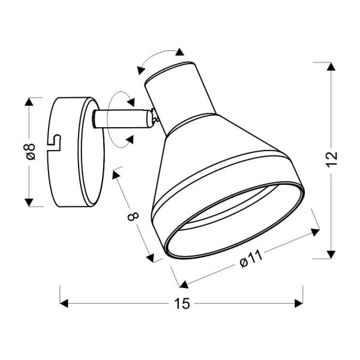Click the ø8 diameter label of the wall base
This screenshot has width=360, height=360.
click(x=32, y=151)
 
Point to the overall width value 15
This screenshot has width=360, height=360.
click(x=182, y=304)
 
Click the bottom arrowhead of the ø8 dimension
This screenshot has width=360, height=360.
click(x=30, y=201)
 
